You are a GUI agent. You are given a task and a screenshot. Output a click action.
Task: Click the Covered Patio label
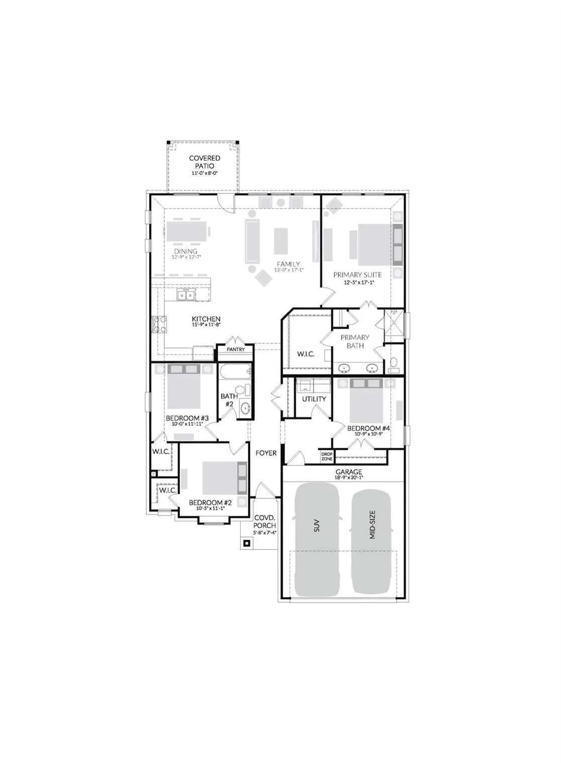pyautogui.click(x=205, y=162)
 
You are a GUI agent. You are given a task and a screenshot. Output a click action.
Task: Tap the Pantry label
pyautogui.click(x=235, y=349)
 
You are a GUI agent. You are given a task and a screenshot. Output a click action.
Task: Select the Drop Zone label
pyautogui.click(x=327, y=456)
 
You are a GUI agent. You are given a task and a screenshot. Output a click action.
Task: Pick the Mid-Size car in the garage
pyautogui.click(x=371, y=539)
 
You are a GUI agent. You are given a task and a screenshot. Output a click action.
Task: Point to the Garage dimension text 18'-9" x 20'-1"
pyautogui.click(x=348, y=478)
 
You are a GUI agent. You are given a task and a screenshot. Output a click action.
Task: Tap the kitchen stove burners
pyautogui.click(x=160, y=324)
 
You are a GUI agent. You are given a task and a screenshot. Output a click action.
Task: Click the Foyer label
pyautogui.click(x=266, y=453)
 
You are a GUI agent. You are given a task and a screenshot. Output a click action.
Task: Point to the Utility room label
pyautogui.click(x=314, y=399)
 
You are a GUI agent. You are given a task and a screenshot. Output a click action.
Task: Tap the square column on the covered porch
pyautogui.click(x=246, y=543)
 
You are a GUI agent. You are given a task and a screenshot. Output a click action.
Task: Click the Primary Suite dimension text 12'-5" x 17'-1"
pyautogui.click(x=357, y=282)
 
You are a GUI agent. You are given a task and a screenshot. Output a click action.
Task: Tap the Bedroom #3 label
pyautogui.click(x=183, y=418)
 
